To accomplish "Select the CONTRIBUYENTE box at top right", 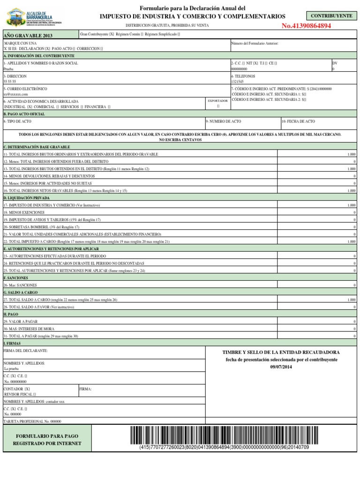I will pyautogui.click(x=331, y=16).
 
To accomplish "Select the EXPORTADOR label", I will pyautogui.click(x=218, y=101).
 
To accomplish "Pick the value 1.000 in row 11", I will pyautogui.click(x=351, y=154).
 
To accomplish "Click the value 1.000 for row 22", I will pyautogui.click(x=351, y=241).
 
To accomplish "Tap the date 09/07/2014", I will pyautogui.click(x=281, y=367).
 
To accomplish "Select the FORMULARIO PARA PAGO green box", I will pyautogui.click(x=47, y=439).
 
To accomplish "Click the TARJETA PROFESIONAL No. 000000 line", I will pyautogui.click(x=32, y=421).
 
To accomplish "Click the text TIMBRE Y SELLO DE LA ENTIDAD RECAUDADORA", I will pyautogui.click(x=281, y=352).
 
